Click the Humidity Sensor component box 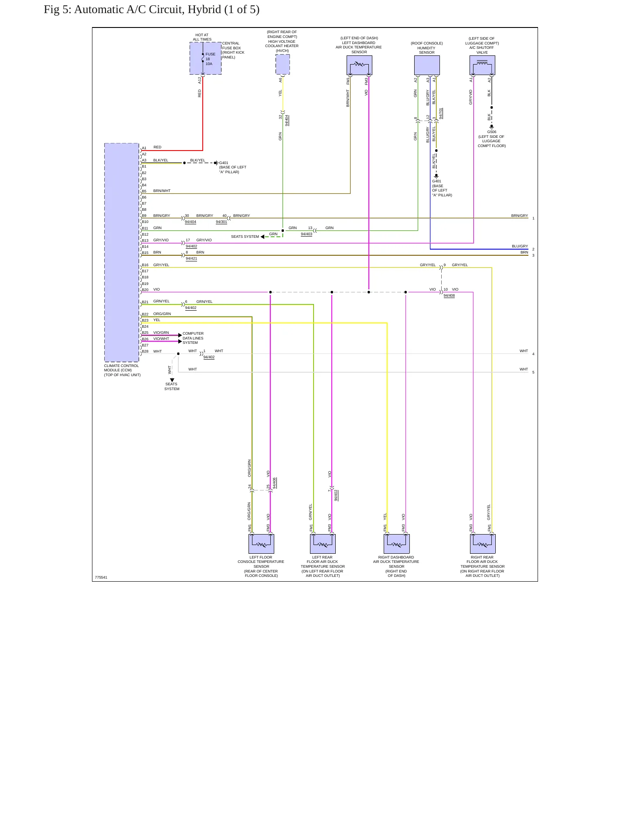pyautogui.click(x=427, y=65)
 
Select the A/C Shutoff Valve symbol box pyautogui.click(x=482, y=65)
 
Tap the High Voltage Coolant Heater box pyautogui.click(x=283, y=64)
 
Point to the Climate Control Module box pyautogui.click(x=122, y=252)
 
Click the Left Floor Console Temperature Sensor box pyautogui.click(x=261, y=544)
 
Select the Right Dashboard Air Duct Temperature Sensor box pyautogui.click(x=397, y=544)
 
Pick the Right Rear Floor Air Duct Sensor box pyautogui.click(x=483, y=544)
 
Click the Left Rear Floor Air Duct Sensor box pyautogui.click(x=323, y=544)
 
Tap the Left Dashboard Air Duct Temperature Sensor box pyautogui.click(x=359, y=65)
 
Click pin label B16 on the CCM pyautogui.click(x=145, y=265)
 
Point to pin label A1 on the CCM pyautogui.click(x=144, y=148)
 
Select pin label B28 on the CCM pyautogui.click(x=145, y=351)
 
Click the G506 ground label pyautogui.click(x=492, y=132)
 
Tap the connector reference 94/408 pyautogui.click(x=449, y=296)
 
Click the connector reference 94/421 pyautogui.click(x=191, y=259)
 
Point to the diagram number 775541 pyautogui.click(x=101, y=577)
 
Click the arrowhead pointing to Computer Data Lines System pyautogui.click(x=180, y=335)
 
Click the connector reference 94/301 pyautogui.click(x=221, y=222)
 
